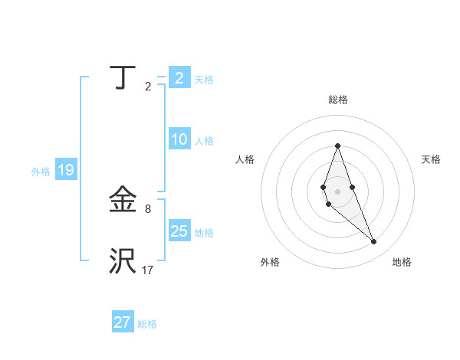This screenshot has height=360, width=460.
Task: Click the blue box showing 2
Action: click(x=179, y=78)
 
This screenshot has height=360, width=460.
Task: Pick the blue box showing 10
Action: click(x=179, y=140)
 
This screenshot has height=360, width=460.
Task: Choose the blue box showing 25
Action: click(x=179, y=232)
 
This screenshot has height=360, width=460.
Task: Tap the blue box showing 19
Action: click(x=66, y=171)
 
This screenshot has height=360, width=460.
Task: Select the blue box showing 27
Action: click(x=123, y=322)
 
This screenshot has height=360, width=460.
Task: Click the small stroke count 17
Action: click(x=148, y=270)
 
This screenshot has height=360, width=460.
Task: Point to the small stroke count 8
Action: click(x=148, y=208)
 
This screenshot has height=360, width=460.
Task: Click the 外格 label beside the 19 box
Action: click(x=41, y=172)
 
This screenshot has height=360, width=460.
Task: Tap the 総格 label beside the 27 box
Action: click(x=147, y=324)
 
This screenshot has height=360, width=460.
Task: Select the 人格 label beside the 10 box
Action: click(x=204, y=141)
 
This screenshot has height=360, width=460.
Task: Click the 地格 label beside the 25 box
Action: click(x=204, y=233)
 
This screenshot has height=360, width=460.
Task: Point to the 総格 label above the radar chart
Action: click(x=337, y=100)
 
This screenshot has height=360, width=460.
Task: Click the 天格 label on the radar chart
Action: click(x=431, y=159)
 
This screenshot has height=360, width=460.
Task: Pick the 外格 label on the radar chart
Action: click(x=270, y=262)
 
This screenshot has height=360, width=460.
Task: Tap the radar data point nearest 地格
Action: click(x=373, y=242)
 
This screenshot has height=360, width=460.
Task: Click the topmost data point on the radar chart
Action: click(x=337, y=146)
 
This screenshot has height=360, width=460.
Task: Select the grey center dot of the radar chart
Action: click(x=337, y=191)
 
